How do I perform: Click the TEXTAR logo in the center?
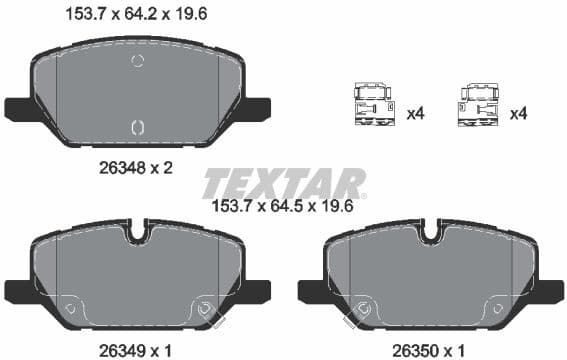(284, 184)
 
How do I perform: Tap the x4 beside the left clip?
(416, 114)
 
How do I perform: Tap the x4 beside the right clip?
(518, 114)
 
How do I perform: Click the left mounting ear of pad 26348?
(19, 108)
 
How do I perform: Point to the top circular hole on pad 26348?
(138, 61)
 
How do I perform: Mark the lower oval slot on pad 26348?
(138, 126)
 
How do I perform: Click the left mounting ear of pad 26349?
(19, 290)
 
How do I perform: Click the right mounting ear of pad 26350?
(551, 290)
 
